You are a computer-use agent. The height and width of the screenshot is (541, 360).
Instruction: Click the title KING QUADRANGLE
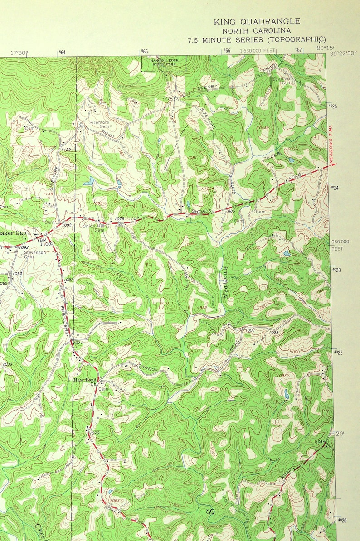pyautogui.click(x=257, y=21)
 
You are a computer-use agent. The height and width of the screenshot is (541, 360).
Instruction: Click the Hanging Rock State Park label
pyautogui.click(x=165, y=62)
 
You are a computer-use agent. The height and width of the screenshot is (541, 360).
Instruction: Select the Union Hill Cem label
pyautogui.click(x=93, y=227)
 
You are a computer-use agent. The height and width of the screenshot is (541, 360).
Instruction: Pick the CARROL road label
pyautogui.click(x=148, y=368)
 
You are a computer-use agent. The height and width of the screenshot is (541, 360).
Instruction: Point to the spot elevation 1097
pyautogui.click(x=282, y=376)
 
